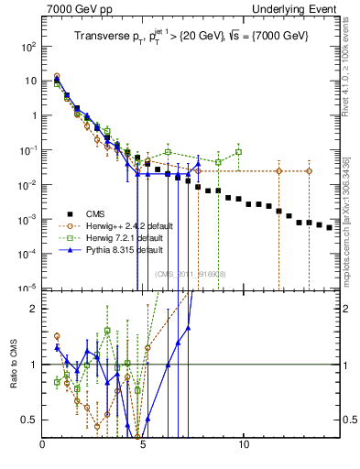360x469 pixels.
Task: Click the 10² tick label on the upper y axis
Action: tap(29, 46)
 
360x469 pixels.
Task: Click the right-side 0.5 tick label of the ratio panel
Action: tap(349, 420)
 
